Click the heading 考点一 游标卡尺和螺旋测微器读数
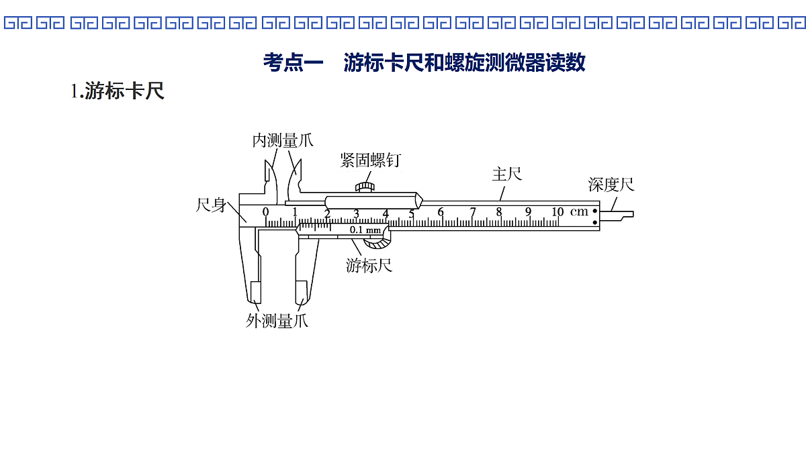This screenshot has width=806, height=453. coord(424,62)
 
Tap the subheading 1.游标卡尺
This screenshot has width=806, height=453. coord(118,91)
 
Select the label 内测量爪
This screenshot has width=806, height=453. coord(283,140)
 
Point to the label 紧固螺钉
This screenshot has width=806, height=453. coord(371,160)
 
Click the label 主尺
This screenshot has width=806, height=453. coord(506,174)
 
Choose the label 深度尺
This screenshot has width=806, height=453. coord(611,185)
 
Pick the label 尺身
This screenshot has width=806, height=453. coord(211,205)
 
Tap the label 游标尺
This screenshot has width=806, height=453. coord(369,266)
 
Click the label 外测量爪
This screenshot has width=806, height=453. coord(277,321)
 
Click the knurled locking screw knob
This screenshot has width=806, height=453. coord(365,187)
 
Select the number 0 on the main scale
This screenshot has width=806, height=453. coord(265,212)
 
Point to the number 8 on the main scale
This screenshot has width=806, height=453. coord(498,212)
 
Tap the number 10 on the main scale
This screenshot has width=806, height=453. coord(557,212)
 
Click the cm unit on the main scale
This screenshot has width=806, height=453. coord(579,212)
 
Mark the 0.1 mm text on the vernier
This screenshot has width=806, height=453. coord(365,230)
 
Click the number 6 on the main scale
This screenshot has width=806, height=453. coord(441,212)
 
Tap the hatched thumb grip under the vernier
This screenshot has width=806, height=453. coord(377,244)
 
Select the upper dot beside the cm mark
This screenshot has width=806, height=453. coord(595,211)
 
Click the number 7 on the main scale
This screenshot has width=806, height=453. coord(473,212)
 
